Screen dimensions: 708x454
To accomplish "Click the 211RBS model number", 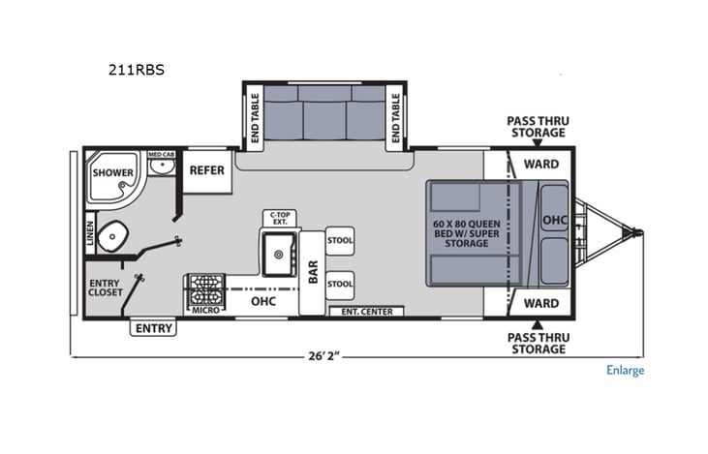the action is point(137,70).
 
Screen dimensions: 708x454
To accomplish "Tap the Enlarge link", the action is point(625,370).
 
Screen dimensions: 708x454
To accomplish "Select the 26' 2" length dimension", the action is point(323,356).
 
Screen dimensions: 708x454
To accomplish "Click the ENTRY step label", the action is point(154,328).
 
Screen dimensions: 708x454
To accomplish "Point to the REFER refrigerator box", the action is point(207,170).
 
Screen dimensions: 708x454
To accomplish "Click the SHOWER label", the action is point(113,172).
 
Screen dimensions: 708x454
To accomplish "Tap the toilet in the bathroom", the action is point(113,235).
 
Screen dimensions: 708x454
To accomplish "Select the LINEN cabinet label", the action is point(90,233).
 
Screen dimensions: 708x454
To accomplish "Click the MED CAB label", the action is point(161,154).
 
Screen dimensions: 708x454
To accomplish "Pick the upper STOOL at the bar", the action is point(340,240).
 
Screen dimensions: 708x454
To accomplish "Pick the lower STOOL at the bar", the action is point(340,285).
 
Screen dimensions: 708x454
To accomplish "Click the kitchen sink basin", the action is point(279,255).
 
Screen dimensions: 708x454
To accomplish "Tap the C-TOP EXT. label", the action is point(280,219).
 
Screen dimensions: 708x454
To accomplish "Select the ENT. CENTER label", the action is point(367,312).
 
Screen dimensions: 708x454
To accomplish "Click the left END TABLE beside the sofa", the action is point(255,118).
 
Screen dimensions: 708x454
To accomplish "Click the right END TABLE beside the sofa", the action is point(396,118).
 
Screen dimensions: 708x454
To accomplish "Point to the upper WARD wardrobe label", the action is point(541,165).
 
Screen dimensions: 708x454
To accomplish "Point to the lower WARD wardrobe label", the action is point(541,303).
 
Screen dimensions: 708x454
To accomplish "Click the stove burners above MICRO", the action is point(205,290).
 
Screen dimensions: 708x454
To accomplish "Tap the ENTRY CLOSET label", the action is point(106,288).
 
